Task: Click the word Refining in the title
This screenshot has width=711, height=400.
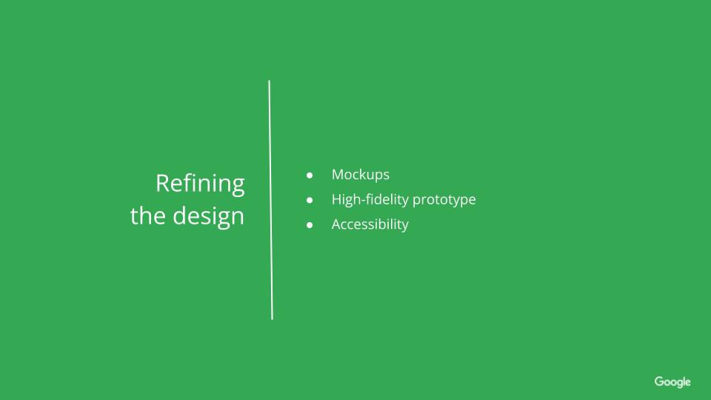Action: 200,183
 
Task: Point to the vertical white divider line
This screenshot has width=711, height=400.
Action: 270,200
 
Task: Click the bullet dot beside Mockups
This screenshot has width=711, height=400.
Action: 310,176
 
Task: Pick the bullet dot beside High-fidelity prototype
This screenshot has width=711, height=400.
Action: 310,200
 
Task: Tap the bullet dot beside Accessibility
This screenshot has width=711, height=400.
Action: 310,224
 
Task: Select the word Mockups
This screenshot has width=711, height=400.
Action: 360,175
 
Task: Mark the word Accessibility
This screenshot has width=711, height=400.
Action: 370,224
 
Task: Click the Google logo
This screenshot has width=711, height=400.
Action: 672,382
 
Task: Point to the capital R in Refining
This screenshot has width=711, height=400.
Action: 162,183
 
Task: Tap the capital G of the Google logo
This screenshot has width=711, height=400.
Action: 659,381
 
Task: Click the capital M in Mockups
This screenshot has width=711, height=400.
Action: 338,175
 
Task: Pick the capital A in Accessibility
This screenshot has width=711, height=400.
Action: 336,224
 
